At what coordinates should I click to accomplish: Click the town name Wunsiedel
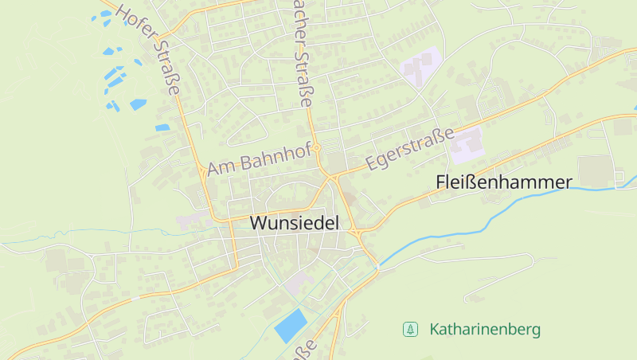click(x=295, y=223)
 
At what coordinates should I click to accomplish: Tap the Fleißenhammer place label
click(x=504, y=182)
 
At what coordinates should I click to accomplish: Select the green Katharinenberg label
click(x=485, y=329)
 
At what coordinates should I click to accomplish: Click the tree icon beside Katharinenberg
click(x=411, y=329)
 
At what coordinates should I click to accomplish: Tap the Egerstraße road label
click(x=410, y=149)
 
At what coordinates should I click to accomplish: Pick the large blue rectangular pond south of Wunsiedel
click(x=291, y=325)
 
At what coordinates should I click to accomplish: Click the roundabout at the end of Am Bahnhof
click(x=317, y=147)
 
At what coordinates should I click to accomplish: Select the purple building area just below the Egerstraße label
click(x=467, y=143)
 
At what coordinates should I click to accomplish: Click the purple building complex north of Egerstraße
click(x=420, y=68)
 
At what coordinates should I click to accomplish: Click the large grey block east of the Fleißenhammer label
click(x=593, y=171)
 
